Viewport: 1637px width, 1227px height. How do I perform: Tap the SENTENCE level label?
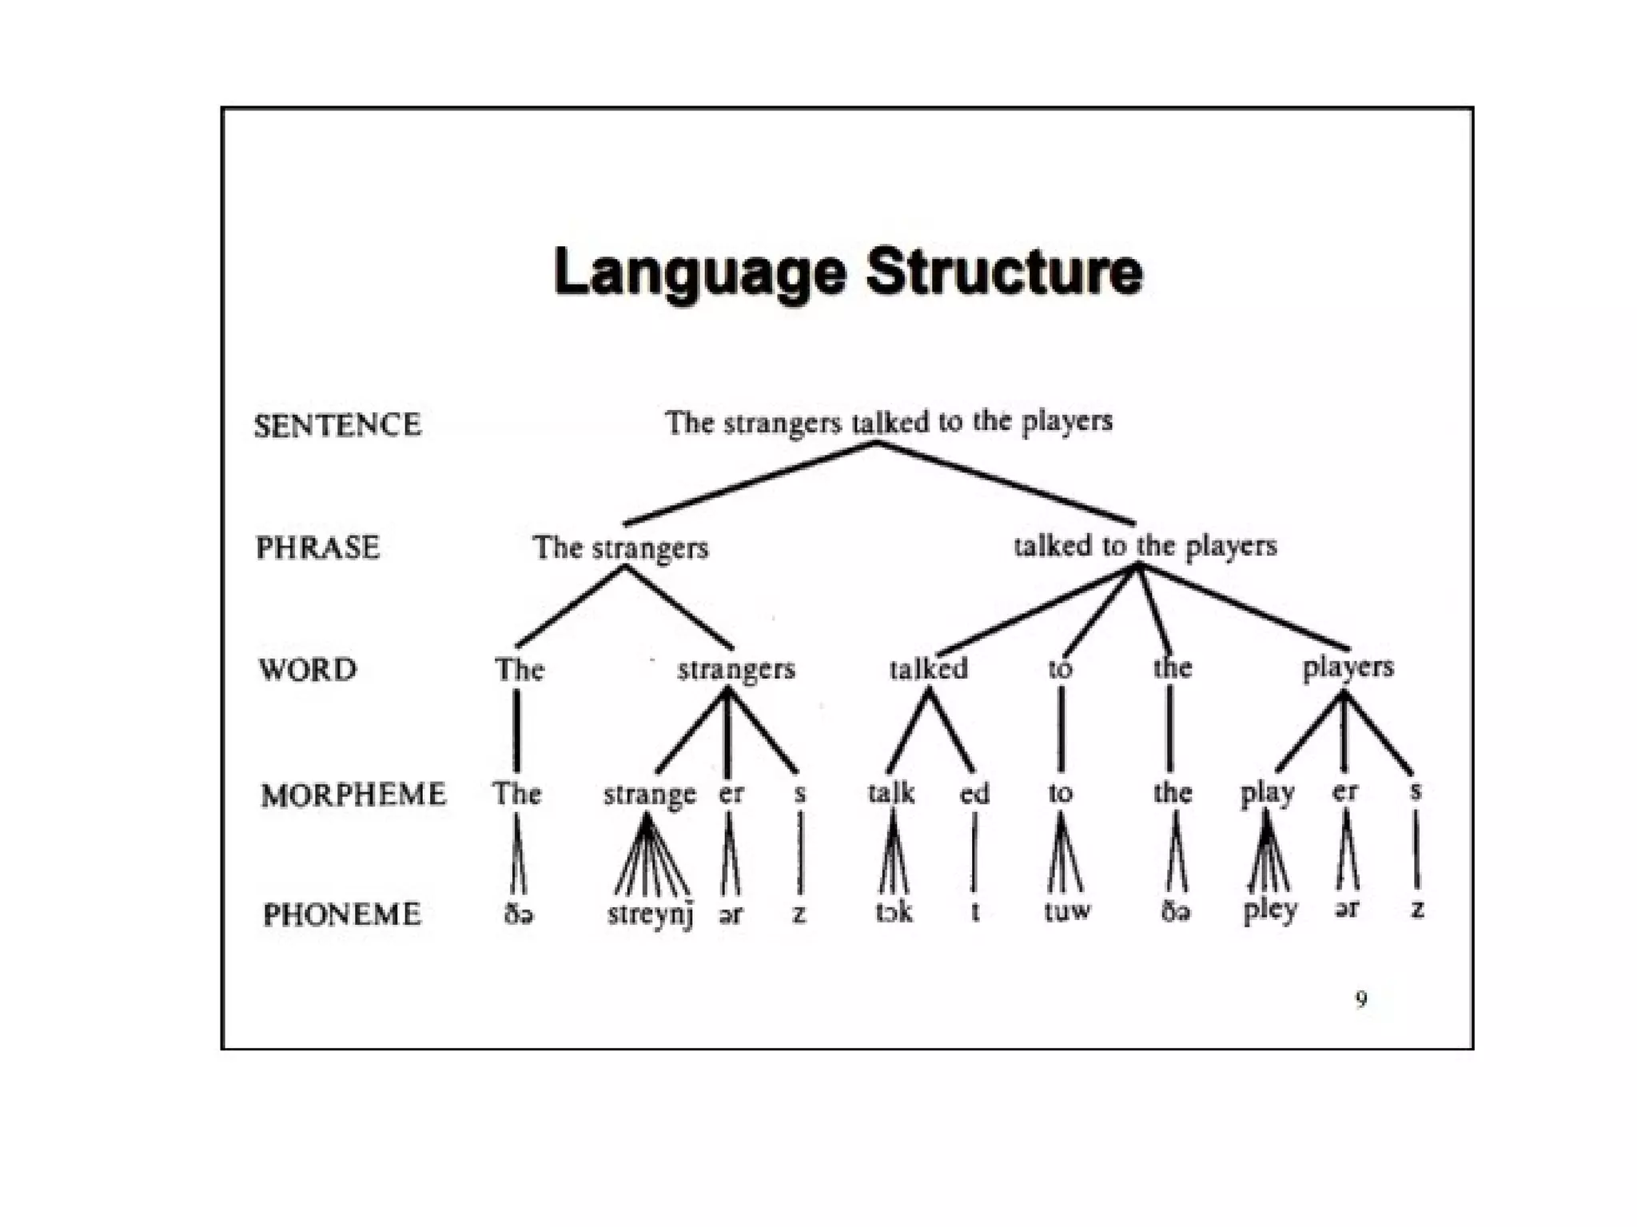[337, 425]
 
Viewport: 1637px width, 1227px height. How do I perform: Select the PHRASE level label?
[317, 548]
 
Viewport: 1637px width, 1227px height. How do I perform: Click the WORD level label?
[308, 670]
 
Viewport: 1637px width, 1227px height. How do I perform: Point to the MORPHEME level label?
[353, 795]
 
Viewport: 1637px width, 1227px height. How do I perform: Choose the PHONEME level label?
[342, 914]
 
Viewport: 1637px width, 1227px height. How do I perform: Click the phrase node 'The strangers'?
[620, 548]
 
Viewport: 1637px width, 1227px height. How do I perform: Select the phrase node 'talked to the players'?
[1145, 547]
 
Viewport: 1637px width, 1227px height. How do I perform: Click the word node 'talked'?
[928, 668]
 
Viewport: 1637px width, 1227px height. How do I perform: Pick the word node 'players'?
[1348, 667]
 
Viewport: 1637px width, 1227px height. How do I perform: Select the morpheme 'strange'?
[649, 795]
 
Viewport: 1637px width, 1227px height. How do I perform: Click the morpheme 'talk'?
[890, 793]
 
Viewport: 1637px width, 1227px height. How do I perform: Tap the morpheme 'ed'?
[974, 794]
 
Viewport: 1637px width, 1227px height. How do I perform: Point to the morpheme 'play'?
[1267, 794]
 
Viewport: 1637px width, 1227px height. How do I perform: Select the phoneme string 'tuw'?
[1066, 911]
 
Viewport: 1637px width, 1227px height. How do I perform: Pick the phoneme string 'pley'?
[1269, 911]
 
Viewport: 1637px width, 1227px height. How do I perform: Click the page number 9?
[1361, 998]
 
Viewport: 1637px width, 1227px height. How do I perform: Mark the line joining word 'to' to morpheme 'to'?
[1061, 729]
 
